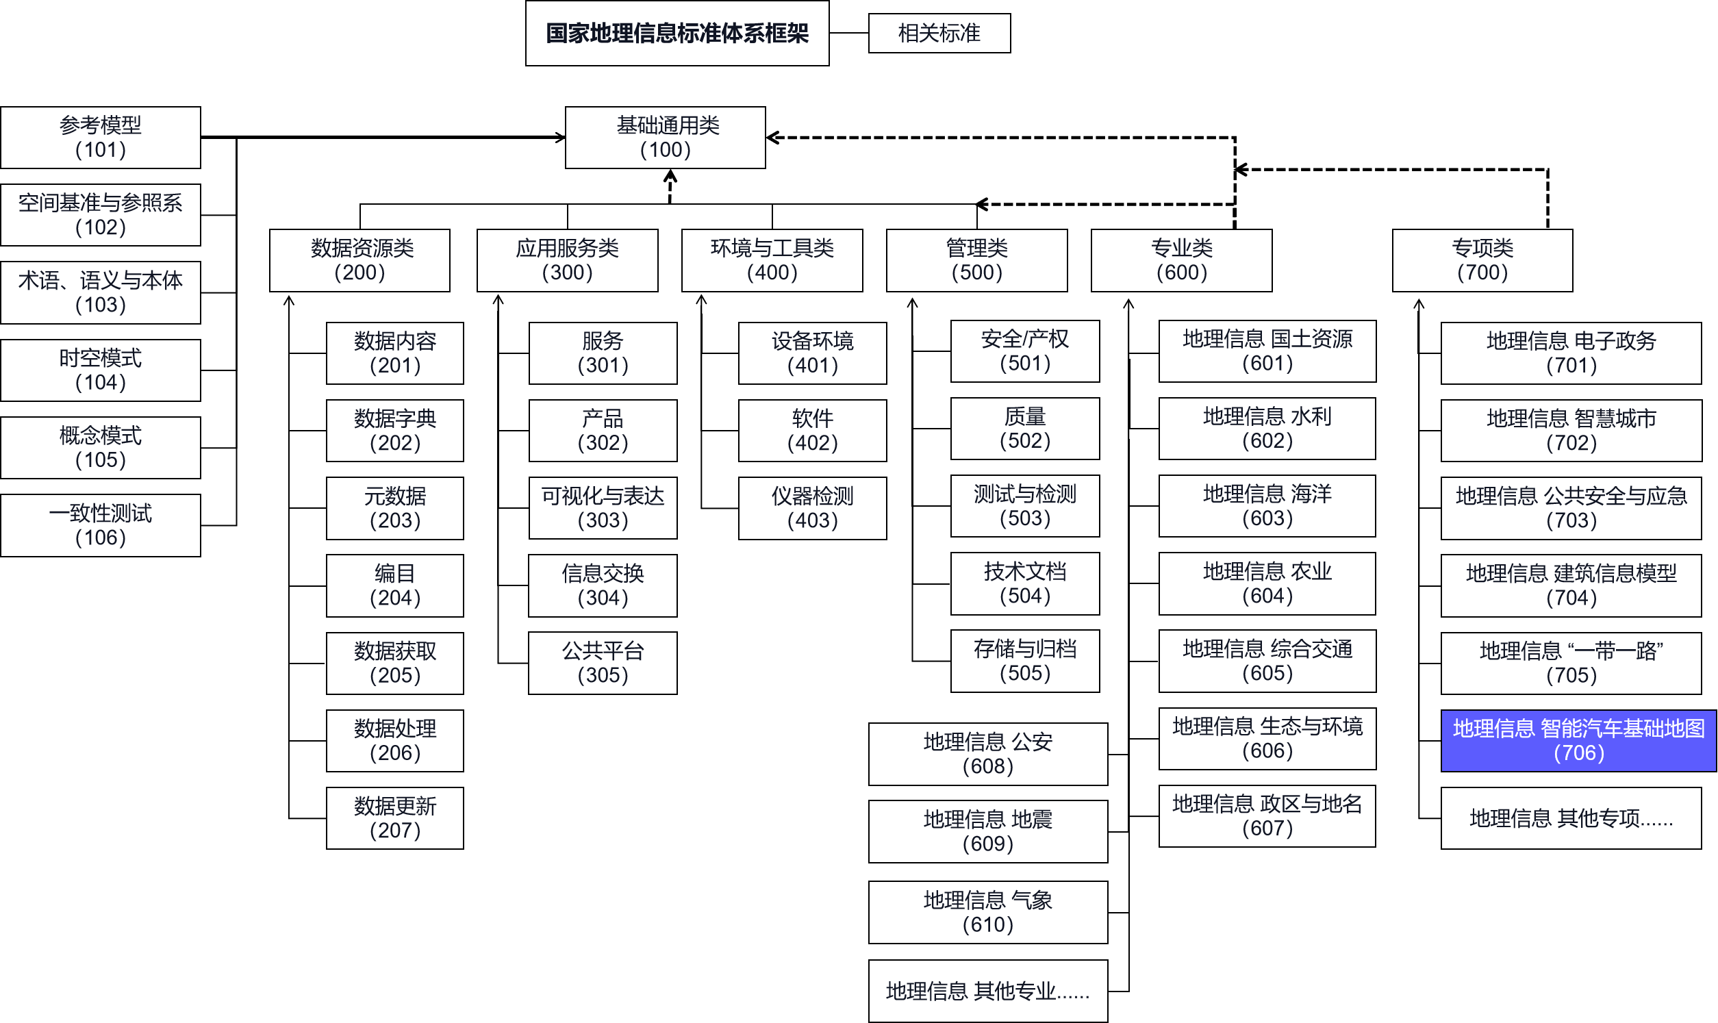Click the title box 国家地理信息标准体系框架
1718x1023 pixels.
tap(677, 33)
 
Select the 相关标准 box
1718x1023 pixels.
tap(939, 33)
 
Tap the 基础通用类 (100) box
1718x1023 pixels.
tap(664, 137)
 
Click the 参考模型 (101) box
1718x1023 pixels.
tap(101, 137)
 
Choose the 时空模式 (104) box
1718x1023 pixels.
tap(101, 370)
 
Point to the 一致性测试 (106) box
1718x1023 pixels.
tap(101, 525)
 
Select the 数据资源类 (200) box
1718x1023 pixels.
tap(359, 260)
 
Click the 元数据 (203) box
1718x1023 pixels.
tap(395, 508)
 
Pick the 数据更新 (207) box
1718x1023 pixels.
tap(395, 818)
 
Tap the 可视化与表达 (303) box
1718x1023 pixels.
tap(603, 508)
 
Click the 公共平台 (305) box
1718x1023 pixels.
tap(603, 663)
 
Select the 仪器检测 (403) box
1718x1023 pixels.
tap(812, 508)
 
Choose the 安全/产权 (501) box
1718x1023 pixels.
tap(1024, 351)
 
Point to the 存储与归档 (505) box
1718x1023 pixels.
tap(1024, 661)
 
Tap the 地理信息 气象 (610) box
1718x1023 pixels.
tap(987, 912)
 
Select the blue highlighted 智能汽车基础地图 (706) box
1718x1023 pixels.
tap(1578, 740)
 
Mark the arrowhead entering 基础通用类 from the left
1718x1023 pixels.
tap(561, 137)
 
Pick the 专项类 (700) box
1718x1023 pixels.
tap(1482, 260)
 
